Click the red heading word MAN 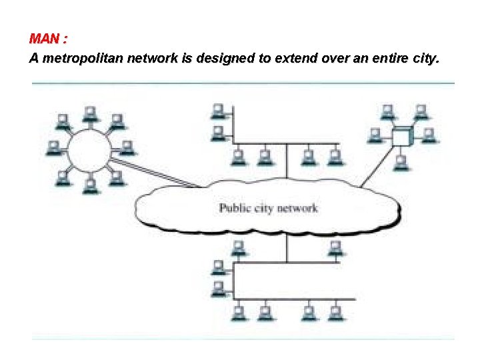pos(45,38)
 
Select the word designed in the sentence pos(227,59)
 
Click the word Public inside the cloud pos(235,209)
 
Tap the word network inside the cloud pos(297,209)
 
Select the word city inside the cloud pos(264,209)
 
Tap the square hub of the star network pos(401,137)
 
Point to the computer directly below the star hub pos(400,162)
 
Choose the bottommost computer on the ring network pos(89,185)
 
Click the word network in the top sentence pos(151,59)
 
